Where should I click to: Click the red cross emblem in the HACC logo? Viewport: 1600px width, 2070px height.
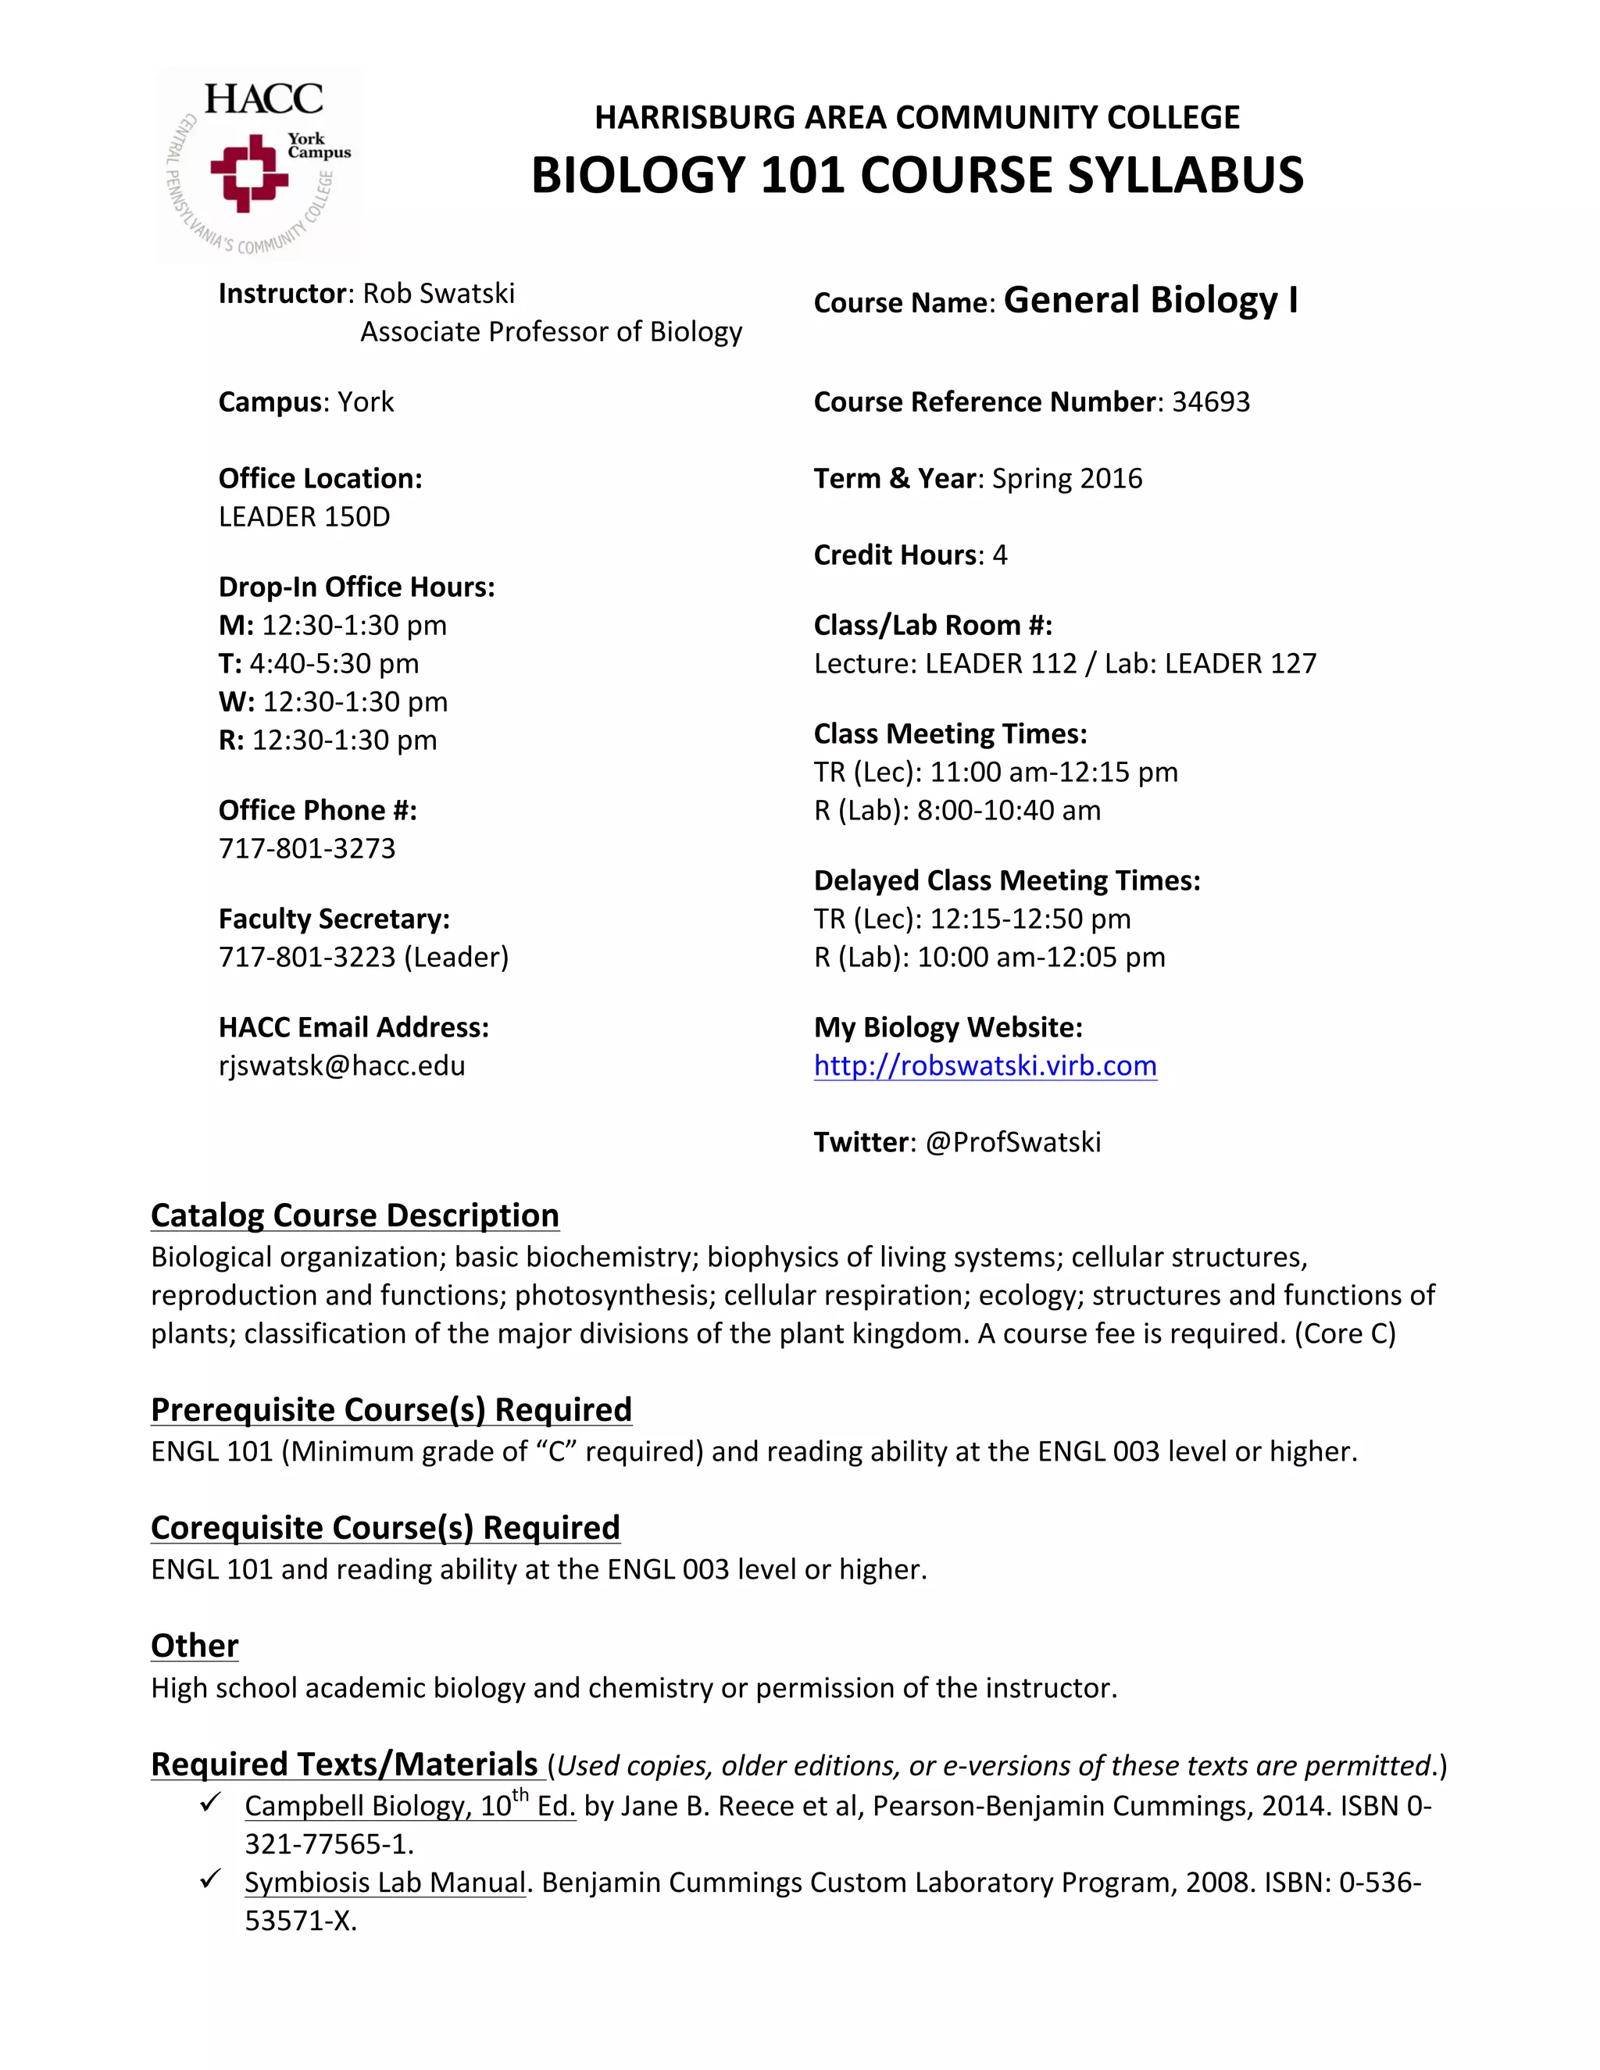[x=249, y=173]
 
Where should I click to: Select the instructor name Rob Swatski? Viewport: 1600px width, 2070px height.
[x=438, y=294]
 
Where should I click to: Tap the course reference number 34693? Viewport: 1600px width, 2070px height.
[x=1210, y=402]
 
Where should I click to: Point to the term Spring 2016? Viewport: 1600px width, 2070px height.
[x=1066, y=479]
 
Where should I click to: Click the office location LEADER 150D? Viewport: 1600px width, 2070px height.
[x=304, y=516]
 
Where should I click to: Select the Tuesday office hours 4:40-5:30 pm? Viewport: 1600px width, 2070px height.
[x=334, y=663]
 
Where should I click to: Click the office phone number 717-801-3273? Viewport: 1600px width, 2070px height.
[x=307, y=848]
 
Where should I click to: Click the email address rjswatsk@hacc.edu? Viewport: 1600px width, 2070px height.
[x=341, y=1066]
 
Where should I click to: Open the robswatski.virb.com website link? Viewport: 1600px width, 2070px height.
[x=985, y=1066]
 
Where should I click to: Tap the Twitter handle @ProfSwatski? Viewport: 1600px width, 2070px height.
[x=1012, y=1142]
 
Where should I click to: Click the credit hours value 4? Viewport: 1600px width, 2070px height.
[x=999, y=555]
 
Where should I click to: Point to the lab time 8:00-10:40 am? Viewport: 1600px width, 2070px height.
[x=1008, y=810]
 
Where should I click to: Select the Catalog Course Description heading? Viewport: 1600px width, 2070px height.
[x=355, y=1215]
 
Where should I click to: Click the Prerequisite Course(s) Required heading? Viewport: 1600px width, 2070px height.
[x=391, y=1409]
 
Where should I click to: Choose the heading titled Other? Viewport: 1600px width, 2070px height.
[x=195, y=1647]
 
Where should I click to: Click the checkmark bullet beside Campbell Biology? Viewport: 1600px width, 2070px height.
[x=210, y=1800]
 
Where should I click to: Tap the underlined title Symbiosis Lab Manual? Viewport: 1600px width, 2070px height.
[x=384, y=1883]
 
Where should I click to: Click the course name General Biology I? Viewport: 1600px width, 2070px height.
[x=1150, y=301]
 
